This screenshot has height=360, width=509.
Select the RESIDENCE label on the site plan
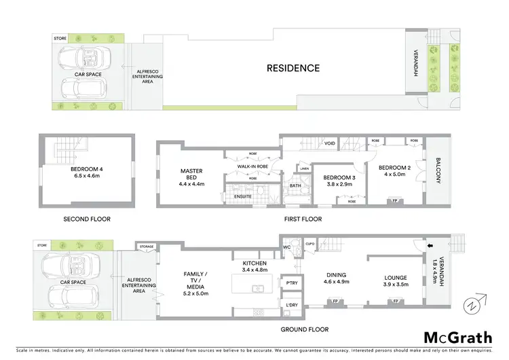(293, 68)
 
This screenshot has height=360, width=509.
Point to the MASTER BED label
(192, 176)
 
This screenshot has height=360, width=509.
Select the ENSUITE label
(243, 197)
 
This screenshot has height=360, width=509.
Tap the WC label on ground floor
(287, 247)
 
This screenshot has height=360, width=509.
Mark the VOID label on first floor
(330, 143)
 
